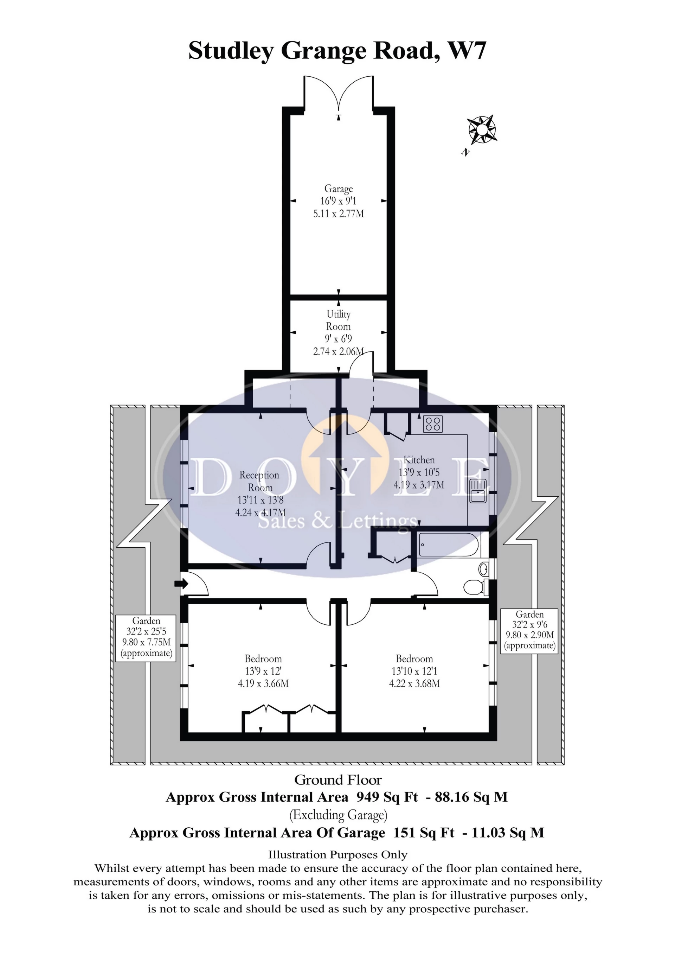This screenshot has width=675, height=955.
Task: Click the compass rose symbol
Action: (482, 130)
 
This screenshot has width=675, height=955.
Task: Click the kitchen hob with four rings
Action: (433, 424)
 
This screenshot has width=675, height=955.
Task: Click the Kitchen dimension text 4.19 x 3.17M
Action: (419, 485)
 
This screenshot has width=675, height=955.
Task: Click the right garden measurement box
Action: (529, 631)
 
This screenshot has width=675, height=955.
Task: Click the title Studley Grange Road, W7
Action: (337, 51)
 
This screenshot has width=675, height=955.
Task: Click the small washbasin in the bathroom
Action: (484, 568)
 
